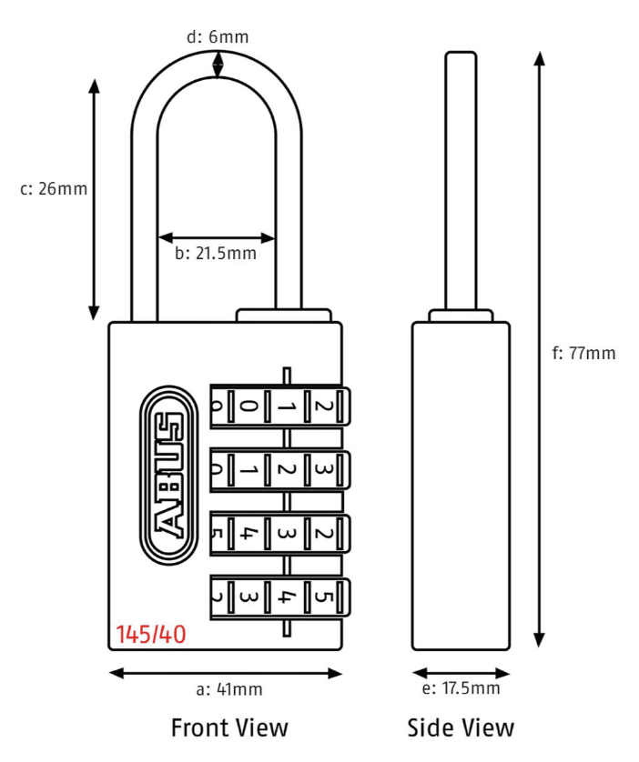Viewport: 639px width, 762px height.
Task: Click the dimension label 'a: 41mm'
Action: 229,689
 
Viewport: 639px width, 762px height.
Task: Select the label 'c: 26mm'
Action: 54,189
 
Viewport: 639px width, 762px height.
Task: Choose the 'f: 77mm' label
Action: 583,353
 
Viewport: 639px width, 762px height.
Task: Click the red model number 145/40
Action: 151,634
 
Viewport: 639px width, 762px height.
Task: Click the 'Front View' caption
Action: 229,727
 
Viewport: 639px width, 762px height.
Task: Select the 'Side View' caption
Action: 461,727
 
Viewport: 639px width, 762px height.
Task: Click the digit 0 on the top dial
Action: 248,406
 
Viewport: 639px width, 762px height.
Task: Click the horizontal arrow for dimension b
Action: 217,236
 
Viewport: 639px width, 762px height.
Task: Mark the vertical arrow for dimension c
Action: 94,199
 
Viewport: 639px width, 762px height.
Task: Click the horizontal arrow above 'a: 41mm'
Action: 226,673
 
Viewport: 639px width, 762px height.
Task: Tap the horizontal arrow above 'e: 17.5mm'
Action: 461,673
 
